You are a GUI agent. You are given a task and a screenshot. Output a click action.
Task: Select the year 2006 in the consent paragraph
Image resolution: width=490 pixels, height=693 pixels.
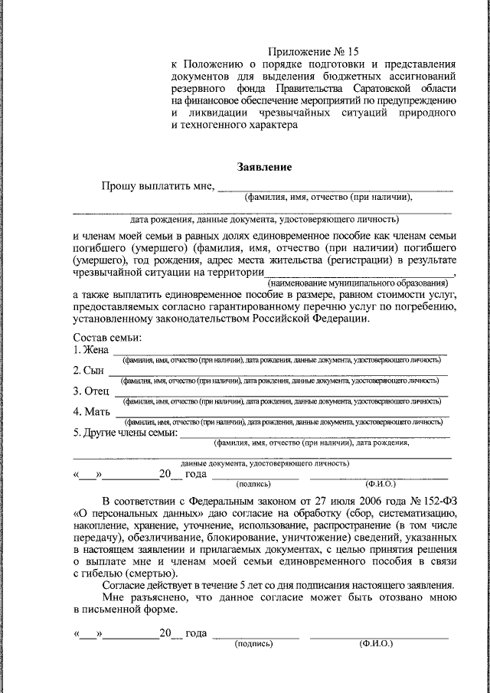click(x=348, y=500)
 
